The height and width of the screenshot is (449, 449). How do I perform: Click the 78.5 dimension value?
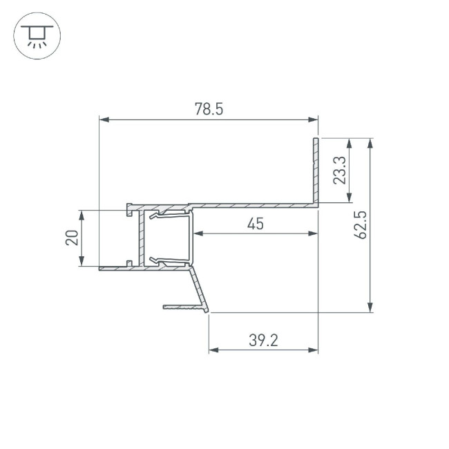click(209, 109)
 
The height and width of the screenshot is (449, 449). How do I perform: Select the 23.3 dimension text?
click(339, 170)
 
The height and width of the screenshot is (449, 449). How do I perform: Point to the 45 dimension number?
click(255, 223)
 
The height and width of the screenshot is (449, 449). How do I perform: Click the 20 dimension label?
click(71, 238)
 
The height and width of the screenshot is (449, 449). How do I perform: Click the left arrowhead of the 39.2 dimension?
click(213, 350)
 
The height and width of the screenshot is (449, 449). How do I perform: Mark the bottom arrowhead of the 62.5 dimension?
click(371, 307)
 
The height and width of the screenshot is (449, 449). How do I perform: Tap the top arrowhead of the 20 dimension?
click(82, 215)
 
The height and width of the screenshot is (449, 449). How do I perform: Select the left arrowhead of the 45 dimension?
click(198, 233)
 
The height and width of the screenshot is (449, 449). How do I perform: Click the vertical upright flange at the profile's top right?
click(316, 169)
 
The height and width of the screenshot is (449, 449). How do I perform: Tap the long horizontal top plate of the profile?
click(256, 205)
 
